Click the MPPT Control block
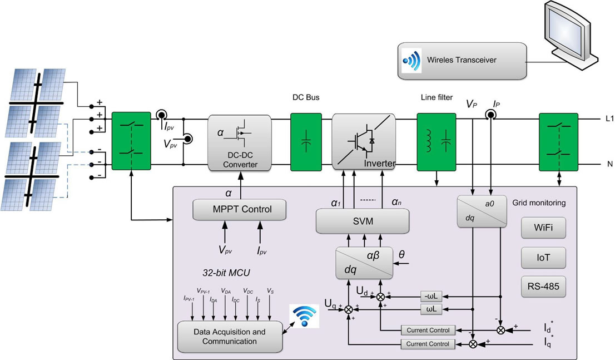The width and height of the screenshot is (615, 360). (x=240, y=210)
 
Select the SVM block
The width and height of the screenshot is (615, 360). (x=362, y=221)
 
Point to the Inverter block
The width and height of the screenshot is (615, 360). (x=363, y=141)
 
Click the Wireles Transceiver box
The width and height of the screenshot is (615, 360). (x=462, y=60)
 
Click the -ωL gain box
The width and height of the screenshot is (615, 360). (x=432, y=295)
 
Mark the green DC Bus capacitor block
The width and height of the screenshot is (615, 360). (x=306, y=142)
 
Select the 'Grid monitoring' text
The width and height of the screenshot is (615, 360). (x=538, y=203)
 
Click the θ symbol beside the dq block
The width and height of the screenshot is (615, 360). (x=402, y=255)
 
